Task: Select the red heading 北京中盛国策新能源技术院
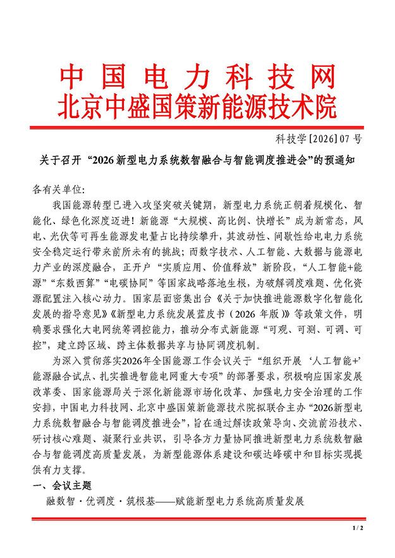click(x=197, y=106)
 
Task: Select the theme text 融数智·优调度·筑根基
click(x=97, y=502)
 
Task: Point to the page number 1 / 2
click(x=358, y=528)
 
